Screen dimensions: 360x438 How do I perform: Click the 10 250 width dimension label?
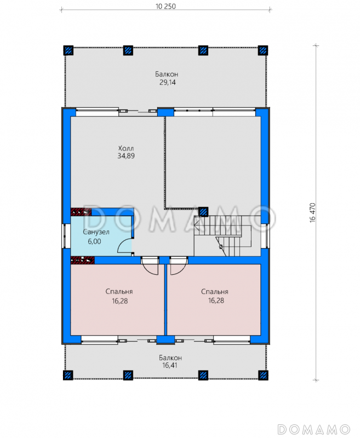click(x=165, y=6)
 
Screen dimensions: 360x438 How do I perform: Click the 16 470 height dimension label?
click(x=312, y=212)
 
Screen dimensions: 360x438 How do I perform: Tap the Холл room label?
click(x=126, y=148)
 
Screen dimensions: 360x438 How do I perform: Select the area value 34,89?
click(x=126, y=156)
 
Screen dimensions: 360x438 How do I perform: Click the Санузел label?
click(x=96, y=232)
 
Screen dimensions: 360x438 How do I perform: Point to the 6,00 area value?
click(x=94, y=241)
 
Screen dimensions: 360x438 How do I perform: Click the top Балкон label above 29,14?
click(x=167, y=74)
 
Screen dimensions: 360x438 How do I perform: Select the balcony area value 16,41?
click(x=170, y=365)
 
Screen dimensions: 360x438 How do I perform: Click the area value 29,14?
click(x=168, y=82)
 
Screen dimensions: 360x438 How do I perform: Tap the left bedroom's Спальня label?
click(x=119, y=292)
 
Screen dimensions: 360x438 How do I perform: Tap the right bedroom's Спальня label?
click(x=215, y=292)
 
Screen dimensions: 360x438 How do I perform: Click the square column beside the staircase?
click(x=203, y=212)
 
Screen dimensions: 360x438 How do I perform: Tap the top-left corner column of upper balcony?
click(x=68, y=50)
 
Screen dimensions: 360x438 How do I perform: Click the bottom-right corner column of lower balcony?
click(x=263, y=375)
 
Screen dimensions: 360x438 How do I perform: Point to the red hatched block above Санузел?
click(x=81, y=212)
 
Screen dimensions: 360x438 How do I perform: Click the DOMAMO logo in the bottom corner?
click(x=314, y=429)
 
